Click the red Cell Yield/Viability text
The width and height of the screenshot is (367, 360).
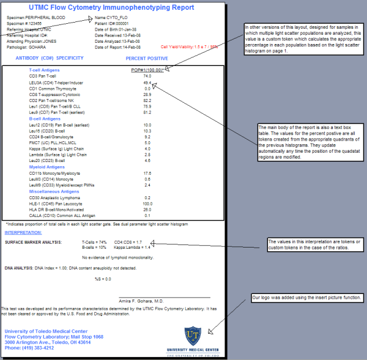click(190, 46)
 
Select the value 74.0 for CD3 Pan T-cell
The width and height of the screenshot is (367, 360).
click(147, 76)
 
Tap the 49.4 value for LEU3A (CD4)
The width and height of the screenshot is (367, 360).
click(147, 82)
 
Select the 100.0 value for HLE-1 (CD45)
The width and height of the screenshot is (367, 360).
click(147, 204)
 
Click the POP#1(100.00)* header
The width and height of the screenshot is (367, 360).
click(147, 70)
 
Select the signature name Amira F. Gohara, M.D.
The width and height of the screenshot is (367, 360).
click(141, 301)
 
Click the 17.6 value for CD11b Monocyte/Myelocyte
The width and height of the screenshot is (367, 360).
click(147, 174)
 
